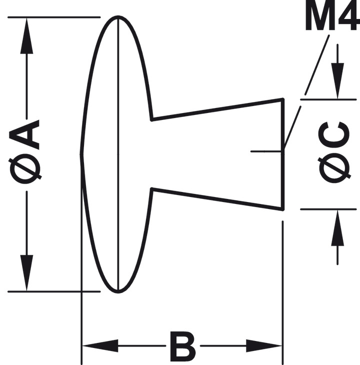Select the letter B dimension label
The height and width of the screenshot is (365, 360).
(x=182, y=345)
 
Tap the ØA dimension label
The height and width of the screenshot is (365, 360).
(x=24, y=152)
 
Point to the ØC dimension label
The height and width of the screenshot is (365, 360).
(x=334, y=152)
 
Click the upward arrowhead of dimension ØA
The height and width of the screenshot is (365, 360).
(x=26, y=36)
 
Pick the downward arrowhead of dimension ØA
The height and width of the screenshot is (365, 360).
(x=26, y=273)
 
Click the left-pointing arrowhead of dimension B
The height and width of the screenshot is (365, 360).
(x=100, y=345)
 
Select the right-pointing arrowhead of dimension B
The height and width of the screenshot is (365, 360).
(x=263, y=345)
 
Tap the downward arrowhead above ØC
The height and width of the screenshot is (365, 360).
(x=337, y=80)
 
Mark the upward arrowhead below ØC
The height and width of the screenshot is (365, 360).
(x=337, y=228)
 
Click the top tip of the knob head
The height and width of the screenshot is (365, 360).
(x=118, y=16)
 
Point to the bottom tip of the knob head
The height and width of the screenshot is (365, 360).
(x=118, y=292)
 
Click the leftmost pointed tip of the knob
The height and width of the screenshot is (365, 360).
(x=81, y=154)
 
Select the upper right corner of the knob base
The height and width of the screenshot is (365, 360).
(x=283, y=99)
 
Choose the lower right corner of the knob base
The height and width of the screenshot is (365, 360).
(x=283, y=209)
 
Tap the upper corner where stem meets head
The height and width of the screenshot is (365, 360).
(x=151, y=120)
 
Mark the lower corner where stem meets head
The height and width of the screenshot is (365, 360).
(x=151, y=188)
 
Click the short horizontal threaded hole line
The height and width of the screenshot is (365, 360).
(x=267, y=151)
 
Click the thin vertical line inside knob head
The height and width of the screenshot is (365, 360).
(x=118, y=154)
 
